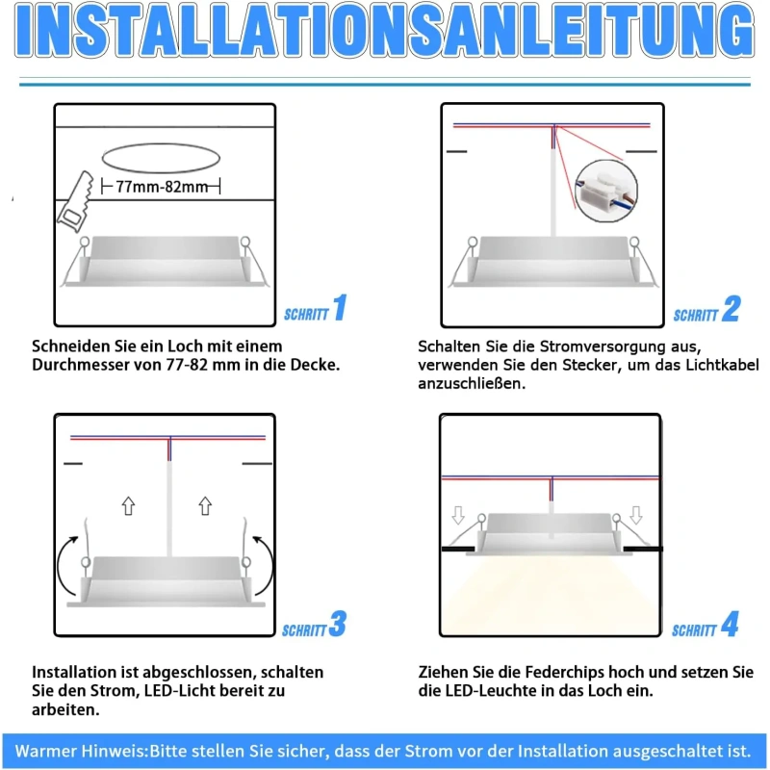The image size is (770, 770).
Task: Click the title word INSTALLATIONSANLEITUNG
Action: coord(384,31)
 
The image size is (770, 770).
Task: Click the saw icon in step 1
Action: coord(76,202)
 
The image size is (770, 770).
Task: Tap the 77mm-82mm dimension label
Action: coord(162,187)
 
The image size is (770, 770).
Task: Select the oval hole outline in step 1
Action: coord(161,158)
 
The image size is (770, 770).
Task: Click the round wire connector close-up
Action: coord(606,191)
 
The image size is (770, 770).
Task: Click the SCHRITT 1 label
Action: coord(316,308)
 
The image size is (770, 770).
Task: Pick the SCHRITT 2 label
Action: coord(706,309)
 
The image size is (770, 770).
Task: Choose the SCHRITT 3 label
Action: coord(315,625)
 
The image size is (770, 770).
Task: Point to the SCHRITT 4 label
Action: coord(706,625)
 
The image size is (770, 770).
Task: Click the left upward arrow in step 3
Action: coord(129,506)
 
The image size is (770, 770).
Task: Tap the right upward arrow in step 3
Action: coord(205,506)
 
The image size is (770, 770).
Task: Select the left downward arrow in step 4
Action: coord(458,515)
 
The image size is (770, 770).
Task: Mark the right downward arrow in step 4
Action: coord(636,515)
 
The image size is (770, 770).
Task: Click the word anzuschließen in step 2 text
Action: coord(472,383)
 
